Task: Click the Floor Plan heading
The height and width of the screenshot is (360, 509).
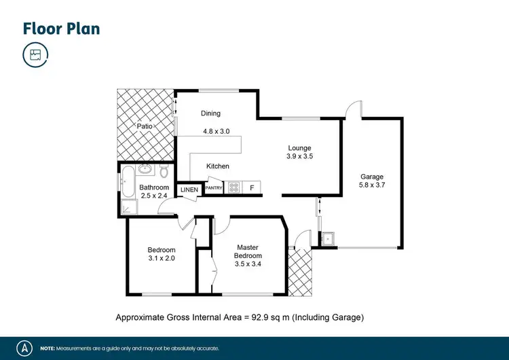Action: click(x=61, y=29)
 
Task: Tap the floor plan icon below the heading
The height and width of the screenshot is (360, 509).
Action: click(x=35, y=55)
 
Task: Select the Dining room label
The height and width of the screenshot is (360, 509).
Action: click(x=210, y=113)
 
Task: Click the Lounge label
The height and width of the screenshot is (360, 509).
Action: click(x=299, y=148)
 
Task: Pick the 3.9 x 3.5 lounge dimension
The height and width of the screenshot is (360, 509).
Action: click(x=299, y=157)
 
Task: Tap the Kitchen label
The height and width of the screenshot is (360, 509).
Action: click(x=218, y=166)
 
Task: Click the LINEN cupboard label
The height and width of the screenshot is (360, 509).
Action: click(x=189, y=190)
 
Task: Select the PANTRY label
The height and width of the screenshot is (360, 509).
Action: click(x=214, y=188)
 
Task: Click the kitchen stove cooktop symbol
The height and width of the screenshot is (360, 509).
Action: click(x=233, y=187)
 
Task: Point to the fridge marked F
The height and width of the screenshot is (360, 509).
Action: click(x=252, y=187)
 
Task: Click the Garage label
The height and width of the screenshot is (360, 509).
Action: click(x=371, y=177)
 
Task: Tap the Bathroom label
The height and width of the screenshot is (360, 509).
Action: click(x=154, y=187)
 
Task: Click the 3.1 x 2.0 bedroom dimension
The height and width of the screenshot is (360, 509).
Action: click(x=162, y=258)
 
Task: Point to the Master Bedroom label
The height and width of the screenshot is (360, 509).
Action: click(x=248, y=251)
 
